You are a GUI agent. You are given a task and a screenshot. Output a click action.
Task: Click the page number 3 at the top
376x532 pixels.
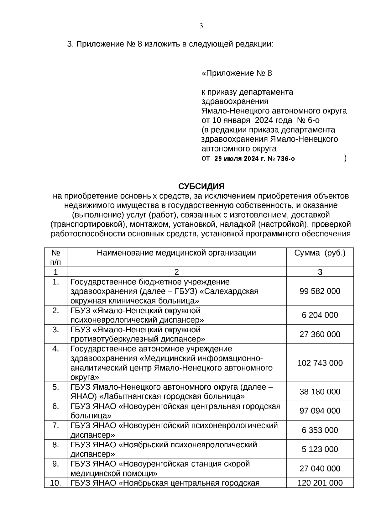(201, 26)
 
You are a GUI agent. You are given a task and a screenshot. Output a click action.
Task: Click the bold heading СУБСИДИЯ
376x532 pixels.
(201, 187)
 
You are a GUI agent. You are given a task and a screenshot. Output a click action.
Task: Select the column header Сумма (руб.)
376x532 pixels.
(320, 253)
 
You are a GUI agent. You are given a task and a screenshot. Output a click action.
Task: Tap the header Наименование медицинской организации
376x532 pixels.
(176, 253)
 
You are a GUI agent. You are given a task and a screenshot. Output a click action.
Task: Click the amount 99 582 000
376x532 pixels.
(320, 291)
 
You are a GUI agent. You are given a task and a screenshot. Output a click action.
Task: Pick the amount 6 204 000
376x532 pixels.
(320, 315)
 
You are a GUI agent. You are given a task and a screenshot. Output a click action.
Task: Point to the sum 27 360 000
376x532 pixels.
(320, 334)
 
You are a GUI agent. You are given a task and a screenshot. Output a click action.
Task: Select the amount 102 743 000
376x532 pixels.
(320, 363)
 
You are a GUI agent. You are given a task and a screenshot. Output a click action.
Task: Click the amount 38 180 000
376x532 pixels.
(320, 392)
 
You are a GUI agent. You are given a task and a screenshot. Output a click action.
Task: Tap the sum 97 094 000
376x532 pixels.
(320, 411)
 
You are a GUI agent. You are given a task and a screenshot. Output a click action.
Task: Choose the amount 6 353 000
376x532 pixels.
(320, 430)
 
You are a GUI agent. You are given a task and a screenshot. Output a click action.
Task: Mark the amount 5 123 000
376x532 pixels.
(320, 449)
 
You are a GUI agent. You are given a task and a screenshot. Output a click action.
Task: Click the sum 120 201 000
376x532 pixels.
(320, 483)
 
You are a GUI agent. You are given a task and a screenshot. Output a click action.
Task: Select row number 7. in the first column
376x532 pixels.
(55, 425)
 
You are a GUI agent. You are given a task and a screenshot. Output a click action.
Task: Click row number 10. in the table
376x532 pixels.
(55, 483)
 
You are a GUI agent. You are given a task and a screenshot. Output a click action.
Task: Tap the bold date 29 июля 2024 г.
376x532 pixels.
(239, 159)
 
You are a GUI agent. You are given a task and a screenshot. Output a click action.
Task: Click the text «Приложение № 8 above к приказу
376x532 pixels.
(236, 73)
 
